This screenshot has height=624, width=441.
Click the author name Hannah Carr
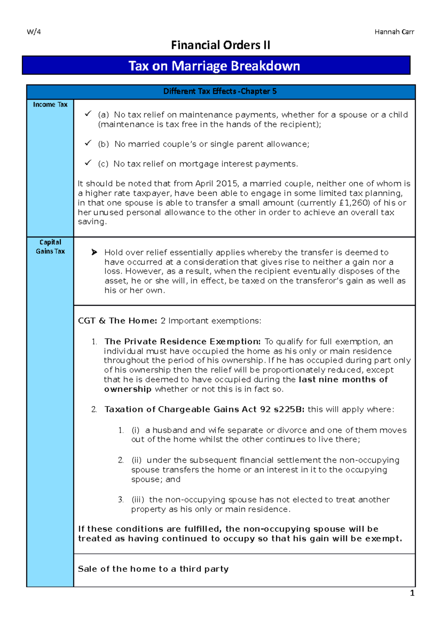pyautogui.click(x=394, y=32)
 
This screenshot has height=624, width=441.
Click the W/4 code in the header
pyautogui.click(x=34, y=32)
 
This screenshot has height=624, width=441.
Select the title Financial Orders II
pyautogui.click(x=220, y=45)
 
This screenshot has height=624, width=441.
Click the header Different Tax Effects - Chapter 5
pyautogui.click(x=220, y=92)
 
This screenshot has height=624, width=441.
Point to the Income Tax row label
pyautogui.click(x=50, y=105)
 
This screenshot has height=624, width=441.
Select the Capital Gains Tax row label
pyautogui.click(x=50, y=247)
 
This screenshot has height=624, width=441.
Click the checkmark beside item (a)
pyautogui.click(x=88, y=114)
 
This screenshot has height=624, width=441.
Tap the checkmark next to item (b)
pyautogui.click(x=88, y=143)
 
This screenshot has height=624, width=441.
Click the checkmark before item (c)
pyautogui.click(x=88, y=163)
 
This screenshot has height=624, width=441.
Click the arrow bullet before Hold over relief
pyautogui.click(x=94, y=252)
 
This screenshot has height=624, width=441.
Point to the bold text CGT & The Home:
pyautogui.click(x=118, y=321)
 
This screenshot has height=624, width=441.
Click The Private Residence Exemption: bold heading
pyautogui.click(x=183, y=341)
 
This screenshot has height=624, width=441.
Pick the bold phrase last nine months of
pyautogui.click(x=343, y=380)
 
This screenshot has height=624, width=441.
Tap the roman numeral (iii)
pyautogui.click(x=138, y=500)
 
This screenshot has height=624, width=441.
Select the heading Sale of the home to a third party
pyautogui.click(x=153, y=569)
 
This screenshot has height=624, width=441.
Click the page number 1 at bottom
pyautogui.click(x=412, y=593)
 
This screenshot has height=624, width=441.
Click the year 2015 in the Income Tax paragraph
pyautogui.click(x=226, y=184)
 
